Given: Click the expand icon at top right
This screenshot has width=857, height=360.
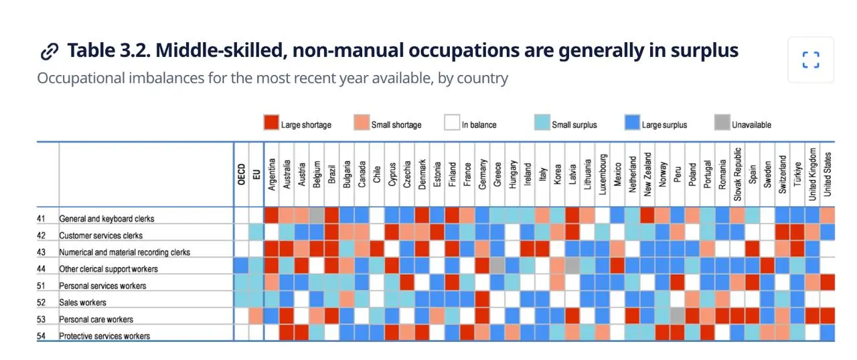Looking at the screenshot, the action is point(811,60).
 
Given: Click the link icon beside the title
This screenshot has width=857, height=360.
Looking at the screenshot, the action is point(50,52).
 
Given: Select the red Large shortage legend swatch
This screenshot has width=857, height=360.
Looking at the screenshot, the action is point(271,122).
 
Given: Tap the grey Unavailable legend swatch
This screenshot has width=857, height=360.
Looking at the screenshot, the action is point(722,122).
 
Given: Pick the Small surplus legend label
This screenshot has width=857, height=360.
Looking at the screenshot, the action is point(574,125).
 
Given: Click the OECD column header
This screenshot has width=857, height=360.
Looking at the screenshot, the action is point(241,174).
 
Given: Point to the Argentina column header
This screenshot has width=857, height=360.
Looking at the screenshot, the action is point(272,174).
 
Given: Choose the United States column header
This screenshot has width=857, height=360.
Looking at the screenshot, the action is point(828,174).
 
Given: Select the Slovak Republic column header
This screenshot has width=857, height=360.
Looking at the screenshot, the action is point(737,174).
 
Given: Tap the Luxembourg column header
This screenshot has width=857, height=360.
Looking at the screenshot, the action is point(602,174).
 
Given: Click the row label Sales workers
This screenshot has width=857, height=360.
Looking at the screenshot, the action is point(82,302).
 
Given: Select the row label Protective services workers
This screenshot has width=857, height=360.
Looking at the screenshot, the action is point(104,337).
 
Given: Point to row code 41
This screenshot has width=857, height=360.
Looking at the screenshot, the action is point(41,219).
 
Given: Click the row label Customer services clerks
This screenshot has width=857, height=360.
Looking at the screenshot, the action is point(100,236).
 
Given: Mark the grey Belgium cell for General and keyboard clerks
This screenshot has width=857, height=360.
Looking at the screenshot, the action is point(317,215).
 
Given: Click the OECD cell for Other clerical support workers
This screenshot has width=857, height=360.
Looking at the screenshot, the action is point(241,266).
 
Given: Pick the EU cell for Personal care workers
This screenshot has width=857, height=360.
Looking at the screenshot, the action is point(256,316).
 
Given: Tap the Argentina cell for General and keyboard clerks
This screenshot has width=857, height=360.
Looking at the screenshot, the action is point(272,215).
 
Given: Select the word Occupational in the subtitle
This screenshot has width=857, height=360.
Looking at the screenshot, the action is point(81,78).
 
